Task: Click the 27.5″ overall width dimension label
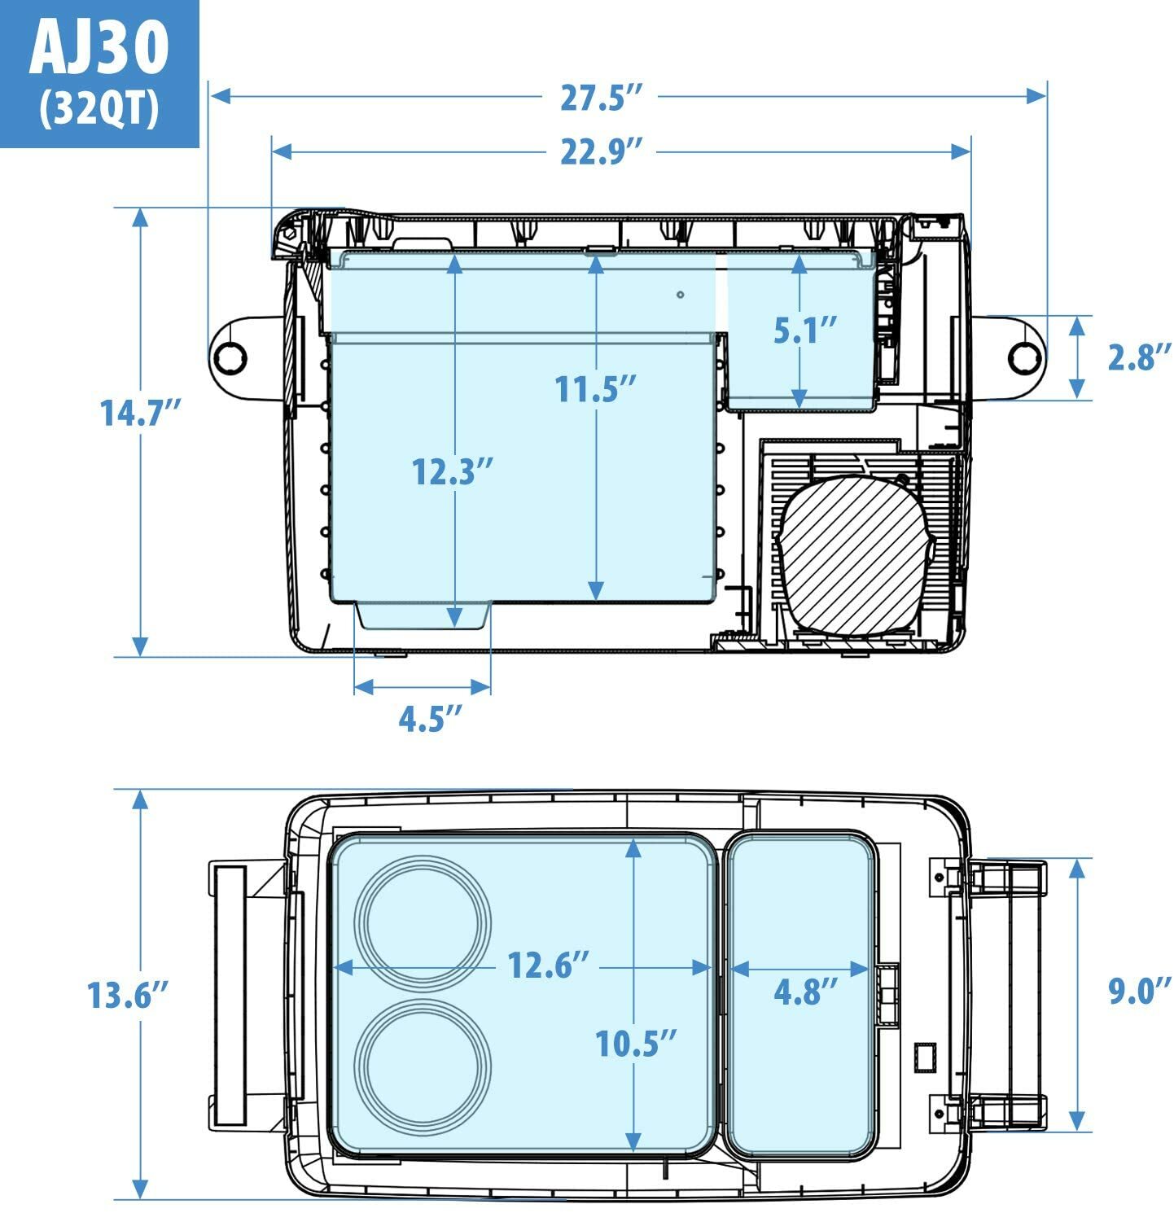[x=602, y=97]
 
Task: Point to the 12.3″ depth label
[x=453, y=471]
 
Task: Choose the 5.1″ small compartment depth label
[x=804, y=331]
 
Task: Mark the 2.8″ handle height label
[x=1139, y=357]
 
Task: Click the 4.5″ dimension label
[x=430, y=719]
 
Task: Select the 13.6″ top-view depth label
[x=129, y=995]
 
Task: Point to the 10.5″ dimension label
[x=636, y=1043]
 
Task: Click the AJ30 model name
[x=99, y=47]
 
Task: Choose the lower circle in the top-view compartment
[x=423, y=1067]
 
